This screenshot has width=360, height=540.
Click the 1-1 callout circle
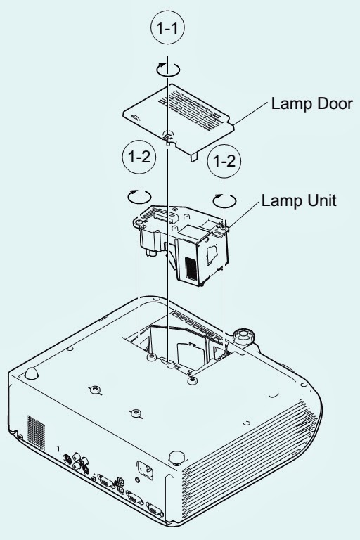[x=167, y=27]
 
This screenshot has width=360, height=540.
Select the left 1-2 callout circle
[x=139, y=157]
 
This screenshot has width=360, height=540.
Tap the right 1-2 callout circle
[x=224, y=161]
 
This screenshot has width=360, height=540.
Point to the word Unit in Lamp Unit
[x=321, y=200]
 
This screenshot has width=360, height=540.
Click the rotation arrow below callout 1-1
[x=168, y=70]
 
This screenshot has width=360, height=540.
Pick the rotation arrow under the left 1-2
[x=139, y=197]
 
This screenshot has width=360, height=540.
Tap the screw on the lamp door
[x=168, y=134]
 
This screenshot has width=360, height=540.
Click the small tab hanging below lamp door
[x=195, y=156]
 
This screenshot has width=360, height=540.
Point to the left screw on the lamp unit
[x=139, y=222]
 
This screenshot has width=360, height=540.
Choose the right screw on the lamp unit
[x=224, y=228]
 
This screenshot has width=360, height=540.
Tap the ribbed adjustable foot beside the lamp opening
[x=244, y=336]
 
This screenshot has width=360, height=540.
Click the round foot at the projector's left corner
[x=32, y=373]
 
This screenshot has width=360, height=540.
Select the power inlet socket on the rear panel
[x=145, y=470]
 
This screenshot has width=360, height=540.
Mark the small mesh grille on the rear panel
[x=36, y=432]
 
